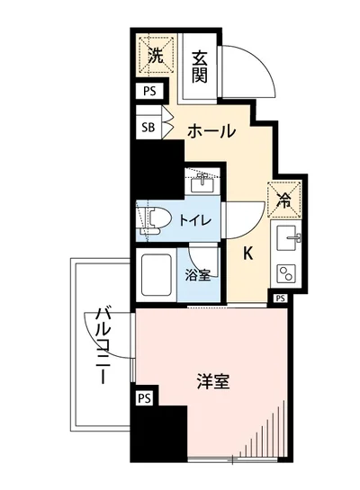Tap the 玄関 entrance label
coord(200,66)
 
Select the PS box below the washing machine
coord(148,91)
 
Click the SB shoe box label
coord(148,127)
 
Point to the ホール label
coord(211,131)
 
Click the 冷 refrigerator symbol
coord(283,200)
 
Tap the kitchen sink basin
coord(288,238)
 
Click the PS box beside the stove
coord(280,298)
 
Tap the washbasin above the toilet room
coord(202,183)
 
